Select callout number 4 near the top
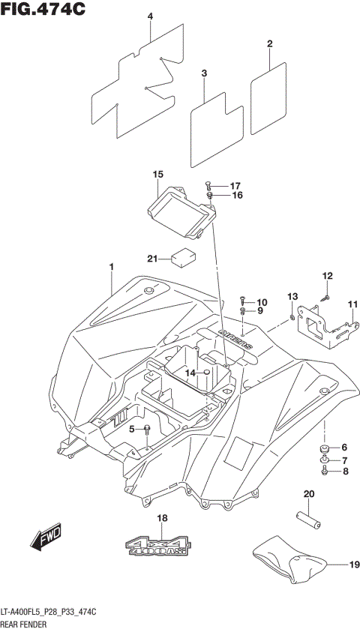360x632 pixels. click(150, 16)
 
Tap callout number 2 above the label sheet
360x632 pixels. click(269, 44)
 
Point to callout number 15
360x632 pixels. click(157, 175)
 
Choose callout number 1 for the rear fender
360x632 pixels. click(111, 267)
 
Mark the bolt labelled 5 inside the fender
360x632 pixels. click(147, 429)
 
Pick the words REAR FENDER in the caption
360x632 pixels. click(26, 624)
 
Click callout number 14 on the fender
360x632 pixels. click(190, 373)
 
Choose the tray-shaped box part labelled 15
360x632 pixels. click(180, 210)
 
